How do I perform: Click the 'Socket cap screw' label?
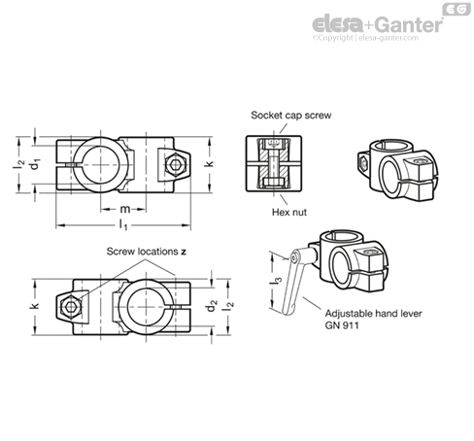tap(291, 116)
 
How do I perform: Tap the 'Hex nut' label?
tap(289, 212)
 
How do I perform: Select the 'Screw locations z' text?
tap(147, 252)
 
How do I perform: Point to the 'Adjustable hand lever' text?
tap(373, 314)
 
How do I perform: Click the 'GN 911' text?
tap(342, 325)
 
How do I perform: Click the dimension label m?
tap(125, 209)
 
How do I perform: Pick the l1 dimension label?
tap(123, 224)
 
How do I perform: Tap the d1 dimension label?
tap(35, 163)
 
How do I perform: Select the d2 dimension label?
tap(212, 306)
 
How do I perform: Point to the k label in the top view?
tap(210, 163)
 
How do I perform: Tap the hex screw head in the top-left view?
tap(175, 165)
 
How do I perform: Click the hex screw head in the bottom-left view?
tap(71, 307)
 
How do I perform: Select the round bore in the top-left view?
tap(101, 164)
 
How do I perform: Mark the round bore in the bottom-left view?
tap(147, 307)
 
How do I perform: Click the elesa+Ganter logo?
tap(378, 24)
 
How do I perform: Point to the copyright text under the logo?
tap(365, 38)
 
